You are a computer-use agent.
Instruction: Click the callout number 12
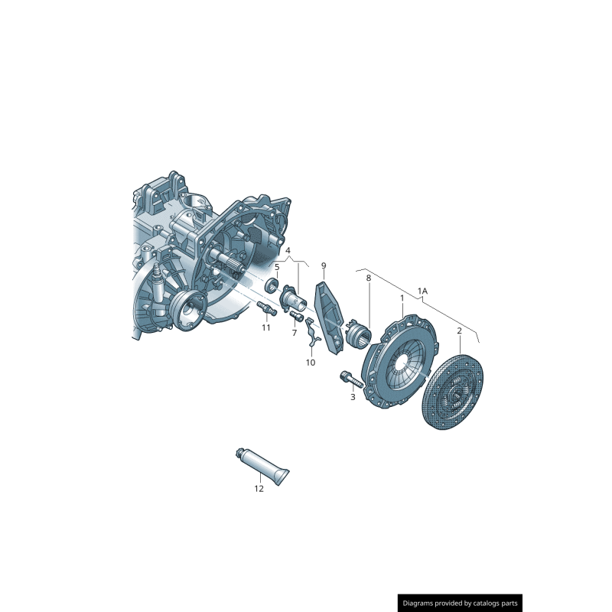click(259, 489)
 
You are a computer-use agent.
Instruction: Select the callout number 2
click(459, 330)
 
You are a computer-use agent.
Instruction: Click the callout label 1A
click(422, 291)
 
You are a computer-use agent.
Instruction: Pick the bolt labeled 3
click(347, 378)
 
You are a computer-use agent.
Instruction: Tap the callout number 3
click(353, 397)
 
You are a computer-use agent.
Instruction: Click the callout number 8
click(368, 278)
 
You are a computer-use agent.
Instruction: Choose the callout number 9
click(323, 265)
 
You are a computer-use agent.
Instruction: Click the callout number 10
click(311, 363)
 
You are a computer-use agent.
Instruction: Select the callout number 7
click(294, 333)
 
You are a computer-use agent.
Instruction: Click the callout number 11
click(266, 327)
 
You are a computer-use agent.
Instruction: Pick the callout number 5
click(277, 267)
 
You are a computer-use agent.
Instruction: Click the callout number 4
click(288, 250)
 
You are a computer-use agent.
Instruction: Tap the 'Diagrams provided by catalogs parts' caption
click(461, 603)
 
